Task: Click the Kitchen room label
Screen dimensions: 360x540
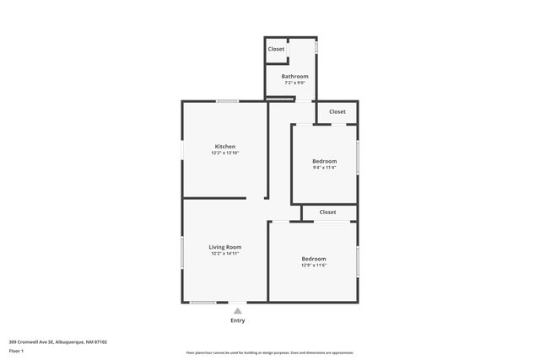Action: point(224,147)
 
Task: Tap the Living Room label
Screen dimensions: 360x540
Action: point(225,247)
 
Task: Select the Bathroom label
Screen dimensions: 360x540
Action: point(294,77)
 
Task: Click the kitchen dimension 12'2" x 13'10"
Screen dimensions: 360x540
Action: point(225,153)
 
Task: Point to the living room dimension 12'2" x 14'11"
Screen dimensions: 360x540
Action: point(225,253)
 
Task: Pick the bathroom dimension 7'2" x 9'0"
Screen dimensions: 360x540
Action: point(294,83)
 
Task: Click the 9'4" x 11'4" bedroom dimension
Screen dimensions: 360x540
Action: point(324,168)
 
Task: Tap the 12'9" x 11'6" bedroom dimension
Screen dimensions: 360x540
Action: point(314,265)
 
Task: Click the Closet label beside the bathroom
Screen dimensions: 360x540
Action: point(276,49)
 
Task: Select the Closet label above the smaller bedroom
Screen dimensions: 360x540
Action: point(337,111)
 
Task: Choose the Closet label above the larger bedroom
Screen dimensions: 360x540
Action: point(327,212)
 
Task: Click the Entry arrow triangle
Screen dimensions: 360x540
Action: point(238,310)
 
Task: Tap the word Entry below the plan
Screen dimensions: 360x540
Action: point(238,320)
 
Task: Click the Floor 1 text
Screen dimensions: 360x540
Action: point(16,350)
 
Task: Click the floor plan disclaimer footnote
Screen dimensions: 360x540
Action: point(269,352)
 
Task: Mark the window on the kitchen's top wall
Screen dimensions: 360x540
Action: point(226,102)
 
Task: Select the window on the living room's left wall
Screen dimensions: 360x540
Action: point(182,252)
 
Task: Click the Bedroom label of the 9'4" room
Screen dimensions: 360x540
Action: point(324,161)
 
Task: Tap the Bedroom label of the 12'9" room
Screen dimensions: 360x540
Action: point(314,258)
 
